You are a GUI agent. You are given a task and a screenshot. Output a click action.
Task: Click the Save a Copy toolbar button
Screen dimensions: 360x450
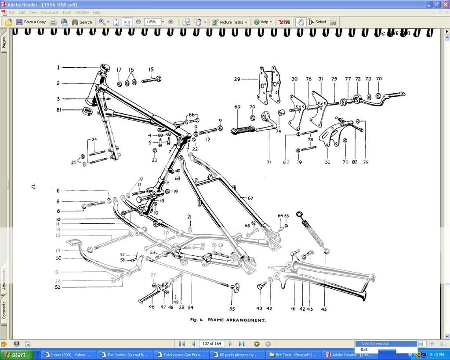click(31, 22)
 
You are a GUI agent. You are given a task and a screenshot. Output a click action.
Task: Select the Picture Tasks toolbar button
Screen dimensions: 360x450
click(229, 22)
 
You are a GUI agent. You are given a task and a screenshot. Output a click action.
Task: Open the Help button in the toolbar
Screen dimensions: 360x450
click(263, 22)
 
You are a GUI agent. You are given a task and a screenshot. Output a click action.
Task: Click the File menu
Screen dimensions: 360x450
click(12, 12)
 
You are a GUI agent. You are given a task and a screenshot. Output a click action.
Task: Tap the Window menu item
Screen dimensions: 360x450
click(82, 12)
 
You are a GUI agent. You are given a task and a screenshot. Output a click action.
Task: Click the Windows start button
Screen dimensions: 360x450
click(17, 355)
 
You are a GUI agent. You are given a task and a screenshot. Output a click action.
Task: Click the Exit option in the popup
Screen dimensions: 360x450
click(364, 349)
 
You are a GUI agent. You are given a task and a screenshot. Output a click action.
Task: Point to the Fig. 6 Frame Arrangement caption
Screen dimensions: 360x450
click(228, 320)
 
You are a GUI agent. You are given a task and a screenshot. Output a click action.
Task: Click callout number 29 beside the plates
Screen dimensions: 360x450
click(237, 79)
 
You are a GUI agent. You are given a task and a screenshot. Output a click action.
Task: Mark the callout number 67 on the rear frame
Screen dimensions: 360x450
click(250, 198)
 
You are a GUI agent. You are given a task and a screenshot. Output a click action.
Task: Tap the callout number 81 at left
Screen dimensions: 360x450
click(58, 110)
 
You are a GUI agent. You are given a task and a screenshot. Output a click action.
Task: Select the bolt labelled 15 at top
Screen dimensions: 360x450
click(152, 80)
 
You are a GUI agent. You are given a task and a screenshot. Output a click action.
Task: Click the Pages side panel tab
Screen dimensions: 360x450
click(4, 43)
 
